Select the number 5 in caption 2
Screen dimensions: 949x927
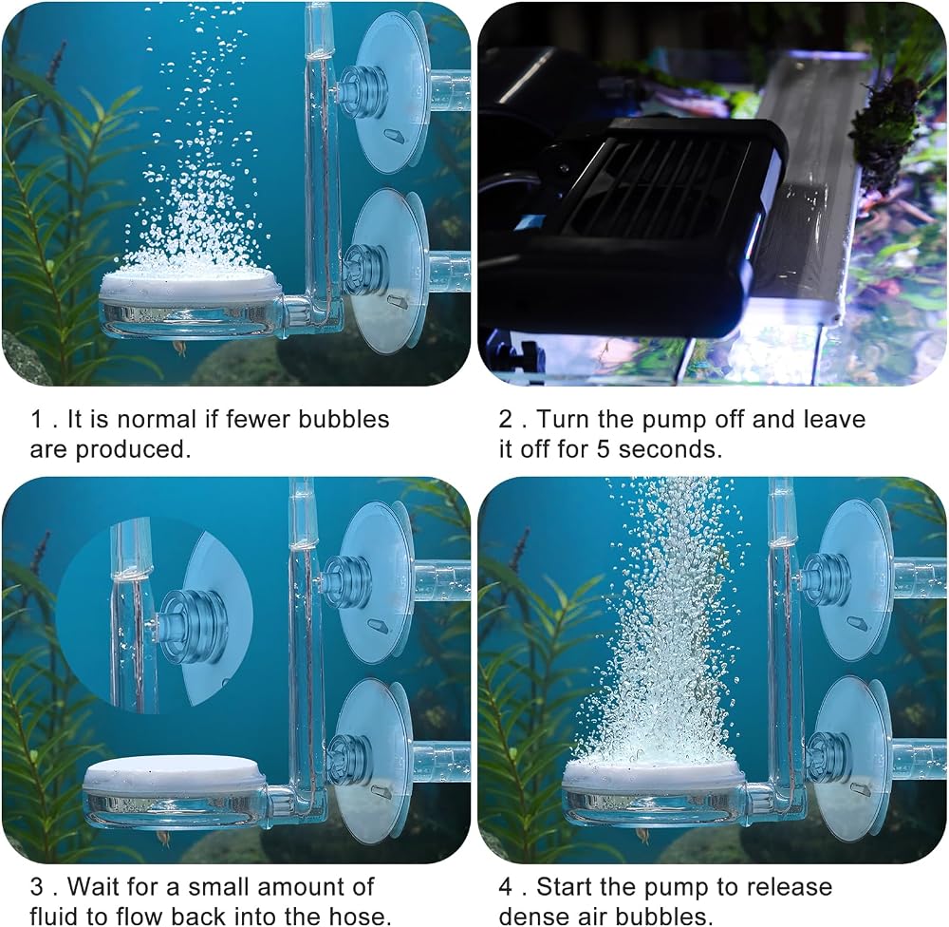(604, 449)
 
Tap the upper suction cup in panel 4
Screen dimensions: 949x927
(852, 580)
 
